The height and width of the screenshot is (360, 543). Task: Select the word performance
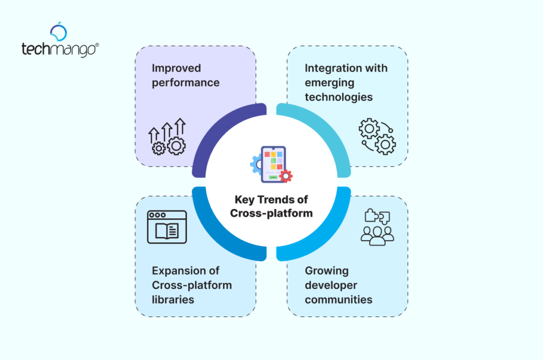pos(186,83)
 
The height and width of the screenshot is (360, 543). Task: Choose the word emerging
pos(329,83)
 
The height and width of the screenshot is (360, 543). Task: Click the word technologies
pos(338,97)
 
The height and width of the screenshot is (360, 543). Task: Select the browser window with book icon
pos(167,227)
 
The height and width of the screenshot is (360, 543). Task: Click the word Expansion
pos(178,271)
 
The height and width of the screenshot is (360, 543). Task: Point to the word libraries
pos(173,300)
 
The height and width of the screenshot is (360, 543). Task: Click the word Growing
pos(327,271)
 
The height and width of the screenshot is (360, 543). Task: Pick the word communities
pos(338,300)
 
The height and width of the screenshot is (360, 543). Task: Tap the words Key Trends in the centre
pos(271,200)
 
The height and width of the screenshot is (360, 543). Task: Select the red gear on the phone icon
pos(286,176)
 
